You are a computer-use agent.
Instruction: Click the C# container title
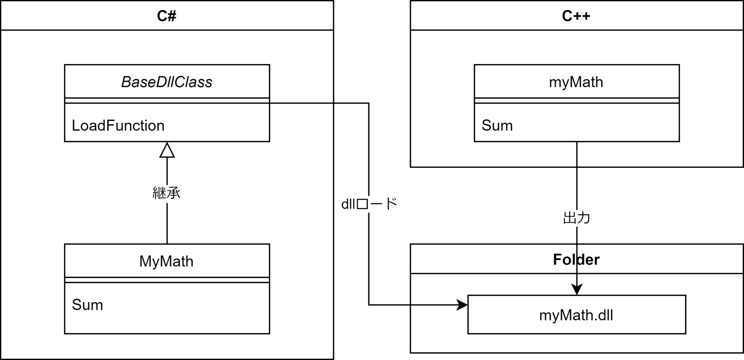(x=167, y=16)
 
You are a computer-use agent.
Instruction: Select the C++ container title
(x=576, y=16)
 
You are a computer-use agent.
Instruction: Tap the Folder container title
(x=576, y=259)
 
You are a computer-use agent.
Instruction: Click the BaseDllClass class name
(x=167, y=82)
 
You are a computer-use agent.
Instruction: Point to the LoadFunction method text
(x=118, y=126)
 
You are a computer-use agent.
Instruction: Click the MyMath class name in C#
(x=166, y=262)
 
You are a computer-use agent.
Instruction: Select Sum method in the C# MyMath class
(x=88, y=305)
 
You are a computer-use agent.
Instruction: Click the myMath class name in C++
(x=576, y=82)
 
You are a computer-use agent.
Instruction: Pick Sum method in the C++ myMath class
(x=497, y=126)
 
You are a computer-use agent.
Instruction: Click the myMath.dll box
(x=577, y=315)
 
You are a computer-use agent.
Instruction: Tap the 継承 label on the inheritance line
(x=166, y=193)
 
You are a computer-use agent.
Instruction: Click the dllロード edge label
(x=369, y=204)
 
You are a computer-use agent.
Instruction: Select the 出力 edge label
(x=577, y=218)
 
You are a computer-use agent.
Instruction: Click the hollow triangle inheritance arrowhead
(x=167, y=151)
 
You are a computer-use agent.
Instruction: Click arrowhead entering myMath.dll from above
(x=577, y=290)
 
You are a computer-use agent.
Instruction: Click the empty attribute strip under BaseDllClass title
(x=167, y=101)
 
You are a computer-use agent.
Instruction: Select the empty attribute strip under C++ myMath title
(x=577, y=101)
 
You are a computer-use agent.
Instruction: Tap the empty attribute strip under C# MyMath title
(x=167, y=280)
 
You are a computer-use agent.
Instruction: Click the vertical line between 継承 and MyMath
(x=167, y=223)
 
